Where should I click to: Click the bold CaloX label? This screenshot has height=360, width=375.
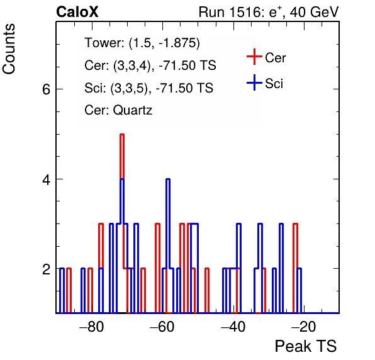pos(77,12)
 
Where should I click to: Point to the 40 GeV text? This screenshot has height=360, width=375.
pos(314,12)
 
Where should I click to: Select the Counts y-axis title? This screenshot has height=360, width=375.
pos(9,49)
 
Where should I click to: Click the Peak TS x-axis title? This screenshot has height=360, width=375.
pos(306,346)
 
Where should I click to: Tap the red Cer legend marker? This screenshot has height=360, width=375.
pos(254,57)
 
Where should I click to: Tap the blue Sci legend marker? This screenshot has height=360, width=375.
pos(254,82)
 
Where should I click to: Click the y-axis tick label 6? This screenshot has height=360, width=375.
pos(46,89)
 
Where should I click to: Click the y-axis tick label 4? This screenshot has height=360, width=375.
pos(46,179)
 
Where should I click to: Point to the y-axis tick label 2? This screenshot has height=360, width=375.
pos(46,269)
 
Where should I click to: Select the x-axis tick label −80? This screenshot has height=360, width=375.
pos(92,326)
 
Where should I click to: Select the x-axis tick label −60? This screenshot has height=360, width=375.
pos(162,326)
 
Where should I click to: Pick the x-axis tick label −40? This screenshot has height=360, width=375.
pos(233,326)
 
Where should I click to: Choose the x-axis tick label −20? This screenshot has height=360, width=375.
pos(304,326)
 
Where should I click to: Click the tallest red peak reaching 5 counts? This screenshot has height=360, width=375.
pos(122,135)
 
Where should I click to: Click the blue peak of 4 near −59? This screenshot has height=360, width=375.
pos(168,179)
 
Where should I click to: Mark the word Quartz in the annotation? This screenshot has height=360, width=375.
pos(133,110)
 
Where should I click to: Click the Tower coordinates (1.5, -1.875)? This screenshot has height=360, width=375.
pos(164,43)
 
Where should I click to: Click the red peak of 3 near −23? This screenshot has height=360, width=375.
pos(295,224)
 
